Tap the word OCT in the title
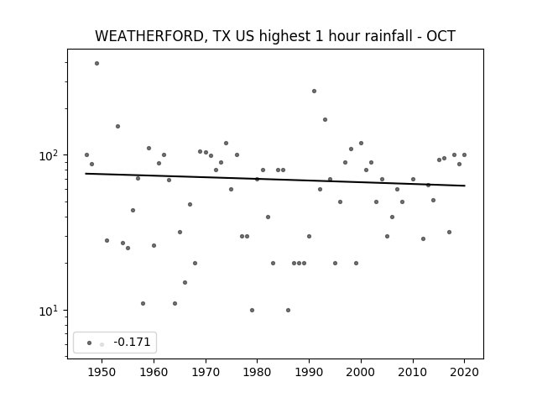441,36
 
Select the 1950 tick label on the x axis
102,372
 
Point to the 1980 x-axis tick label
258,372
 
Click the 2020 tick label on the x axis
464,372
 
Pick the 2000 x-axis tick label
361,372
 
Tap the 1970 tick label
206,372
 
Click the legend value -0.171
132,342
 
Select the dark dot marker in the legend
90,343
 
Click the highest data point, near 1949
97,64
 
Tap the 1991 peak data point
314,92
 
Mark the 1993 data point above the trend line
325,119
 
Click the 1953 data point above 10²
117,127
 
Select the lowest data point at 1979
252,310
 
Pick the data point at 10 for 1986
288,310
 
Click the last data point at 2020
464,154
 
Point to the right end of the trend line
465,186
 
